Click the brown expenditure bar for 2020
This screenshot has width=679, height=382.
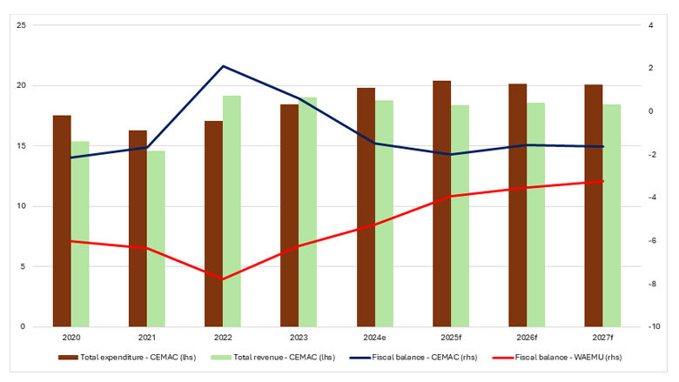point(62,221)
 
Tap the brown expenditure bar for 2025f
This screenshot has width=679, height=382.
point(442,204)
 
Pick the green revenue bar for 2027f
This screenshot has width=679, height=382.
point(611,216)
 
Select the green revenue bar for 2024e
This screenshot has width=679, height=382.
point(384,213)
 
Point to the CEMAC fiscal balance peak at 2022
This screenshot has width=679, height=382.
point(223,66)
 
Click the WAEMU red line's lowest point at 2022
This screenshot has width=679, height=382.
point(223,279)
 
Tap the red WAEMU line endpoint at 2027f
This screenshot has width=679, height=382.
point(602,181)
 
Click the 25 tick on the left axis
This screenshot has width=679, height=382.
point(21,25)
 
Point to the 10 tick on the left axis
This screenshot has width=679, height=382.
point(21,206)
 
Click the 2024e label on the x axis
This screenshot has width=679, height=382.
point(375,338)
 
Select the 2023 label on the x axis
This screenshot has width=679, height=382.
point(299,338)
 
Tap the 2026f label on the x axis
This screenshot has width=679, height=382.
point(527,338)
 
